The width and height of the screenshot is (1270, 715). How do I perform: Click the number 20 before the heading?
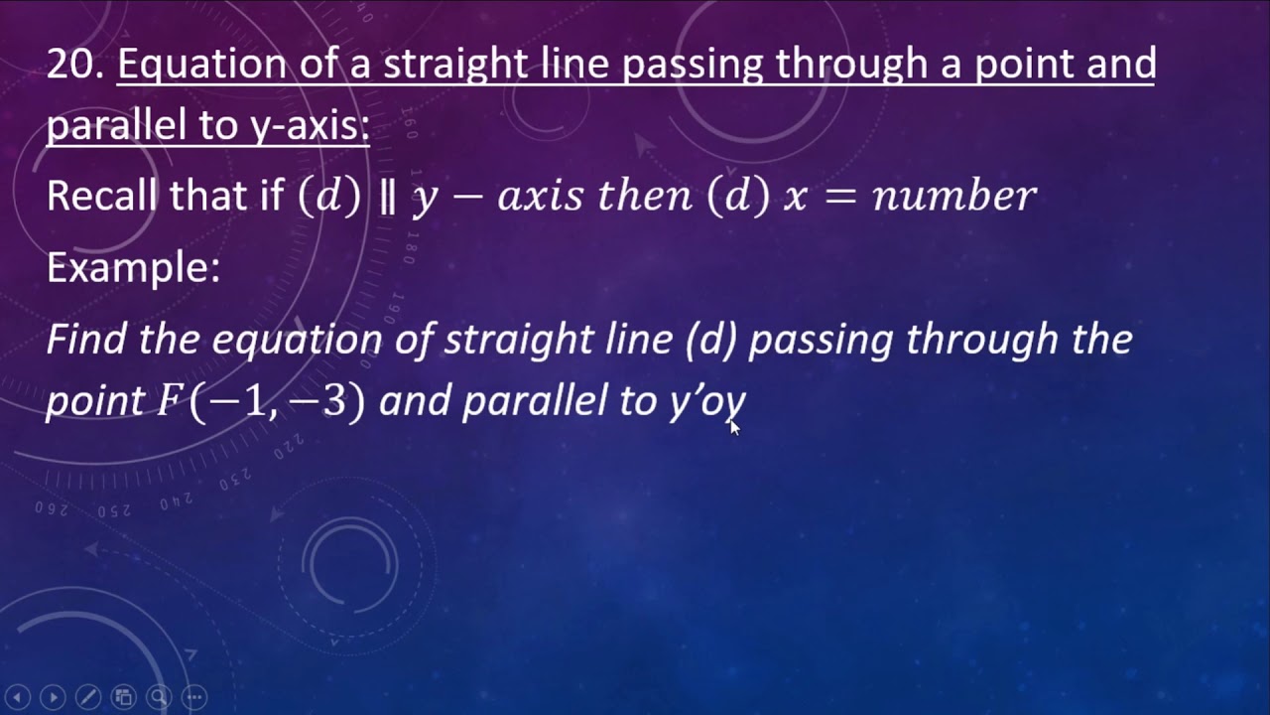(x=73, y=65)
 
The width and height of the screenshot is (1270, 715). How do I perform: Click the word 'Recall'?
(x=102, y=196)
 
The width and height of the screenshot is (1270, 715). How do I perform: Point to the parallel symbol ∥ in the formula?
(x=387, y=196)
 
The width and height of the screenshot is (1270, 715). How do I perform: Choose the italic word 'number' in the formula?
(x=953, y=196)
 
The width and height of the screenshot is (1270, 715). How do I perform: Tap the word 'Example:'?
(x=133, y=267)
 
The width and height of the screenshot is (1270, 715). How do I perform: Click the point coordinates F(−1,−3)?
(x=260, y=402)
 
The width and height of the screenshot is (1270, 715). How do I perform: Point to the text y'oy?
(x=705, y=401)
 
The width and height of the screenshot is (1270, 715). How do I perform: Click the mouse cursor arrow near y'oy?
(x=734, y=427)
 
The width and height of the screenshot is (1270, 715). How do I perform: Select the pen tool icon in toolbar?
(x=87, y=697)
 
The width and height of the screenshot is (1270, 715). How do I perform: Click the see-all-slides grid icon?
(x=123, y=697)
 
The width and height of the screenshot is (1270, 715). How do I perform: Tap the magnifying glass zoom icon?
(x=159, y=697)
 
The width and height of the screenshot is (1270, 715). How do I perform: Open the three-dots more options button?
(x=194, y=697)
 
